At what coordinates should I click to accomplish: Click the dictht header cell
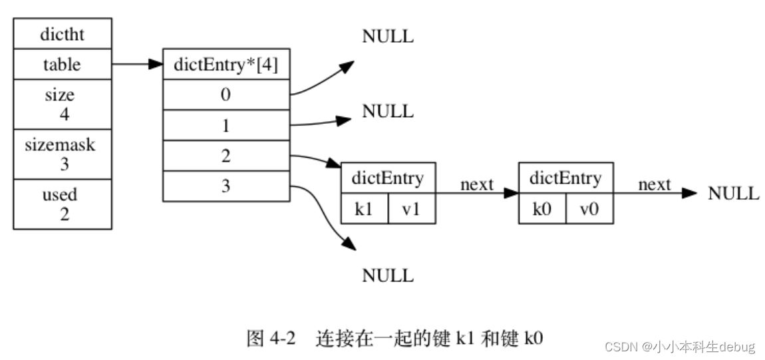[62, 34]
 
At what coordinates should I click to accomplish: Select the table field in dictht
[62, 65]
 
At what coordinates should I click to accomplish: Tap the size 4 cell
[62, 104]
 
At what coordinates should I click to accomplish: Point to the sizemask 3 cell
[62, 154]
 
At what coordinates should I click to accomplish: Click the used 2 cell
[62, 204]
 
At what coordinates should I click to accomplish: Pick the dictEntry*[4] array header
[226, 65]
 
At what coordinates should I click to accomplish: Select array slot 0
[226, 94]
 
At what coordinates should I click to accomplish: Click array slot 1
[226, 125]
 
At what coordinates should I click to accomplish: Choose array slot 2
[226, 156]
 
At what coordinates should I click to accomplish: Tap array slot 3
[226, 186]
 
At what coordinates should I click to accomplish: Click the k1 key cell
[363, 210]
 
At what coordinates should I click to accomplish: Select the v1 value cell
[411, 210]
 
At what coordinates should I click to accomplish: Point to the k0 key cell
[541, 210]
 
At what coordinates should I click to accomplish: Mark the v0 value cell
[589, 210]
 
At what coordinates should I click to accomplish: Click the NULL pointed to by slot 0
[387, 37]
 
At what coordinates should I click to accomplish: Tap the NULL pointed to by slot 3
[387, 275]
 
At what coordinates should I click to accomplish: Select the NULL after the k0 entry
[733, 194]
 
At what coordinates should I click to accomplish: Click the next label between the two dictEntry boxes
[476, 184]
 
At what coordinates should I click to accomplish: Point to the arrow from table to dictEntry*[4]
[137, 65]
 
